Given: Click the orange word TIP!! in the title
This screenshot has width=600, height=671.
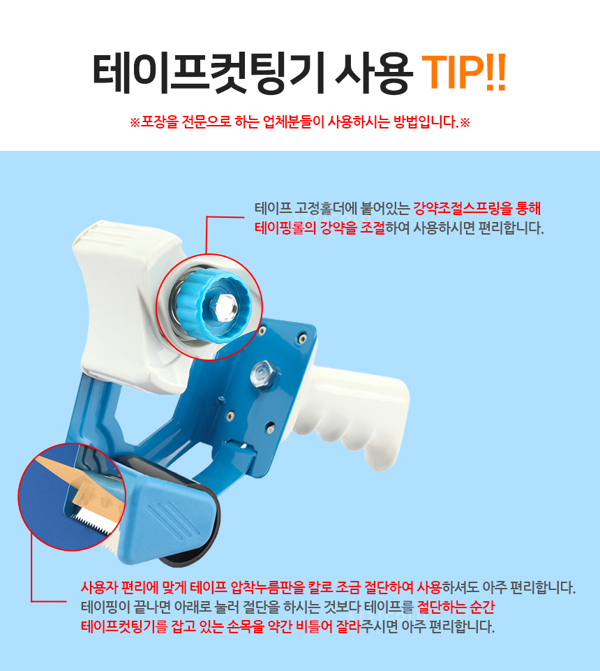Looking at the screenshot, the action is click(x=464, y=73).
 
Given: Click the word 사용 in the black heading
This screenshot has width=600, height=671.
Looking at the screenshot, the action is click(x=373, y=73).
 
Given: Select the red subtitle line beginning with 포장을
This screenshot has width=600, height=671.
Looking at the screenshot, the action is click(x=300, y=122).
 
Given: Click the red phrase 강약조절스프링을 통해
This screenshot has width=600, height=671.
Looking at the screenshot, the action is click(x=477, y=209).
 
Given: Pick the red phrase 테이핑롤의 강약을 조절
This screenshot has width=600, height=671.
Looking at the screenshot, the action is click(x=320, y=228).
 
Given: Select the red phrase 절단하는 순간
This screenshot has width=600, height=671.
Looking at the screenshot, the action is click(x=456, y=607).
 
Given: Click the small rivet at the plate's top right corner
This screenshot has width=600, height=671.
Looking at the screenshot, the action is click(x=302, y=339).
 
